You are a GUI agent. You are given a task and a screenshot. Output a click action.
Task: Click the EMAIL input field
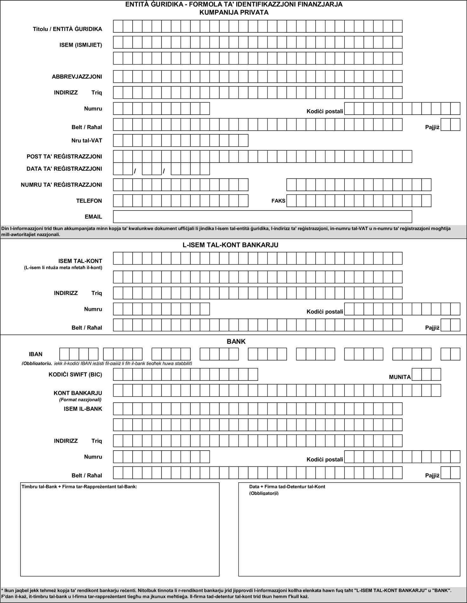click(262, 217)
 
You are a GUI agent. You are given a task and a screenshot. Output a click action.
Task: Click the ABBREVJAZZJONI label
click(77, 77)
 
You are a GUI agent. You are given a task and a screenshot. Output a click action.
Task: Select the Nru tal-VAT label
click(87, 140)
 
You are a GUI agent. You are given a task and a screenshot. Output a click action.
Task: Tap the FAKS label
click(278, 201)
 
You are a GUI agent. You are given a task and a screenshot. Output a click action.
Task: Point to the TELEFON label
click(89, 201)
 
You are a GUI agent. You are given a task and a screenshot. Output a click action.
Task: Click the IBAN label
click(36, 354)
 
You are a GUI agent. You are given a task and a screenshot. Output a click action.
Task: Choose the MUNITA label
click(400, 377)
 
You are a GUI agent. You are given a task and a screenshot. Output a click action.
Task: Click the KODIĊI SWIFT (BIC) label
click(75, 374)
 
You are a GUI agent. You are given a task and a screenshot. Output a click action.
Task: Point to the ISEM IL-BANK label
click(83, 409)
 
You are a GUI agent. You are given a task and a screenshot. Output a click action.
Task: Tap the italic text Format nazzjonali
click(80, 399)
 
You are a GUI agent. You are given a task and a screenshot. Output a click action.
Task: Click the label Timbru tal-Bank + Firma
click(79, 486)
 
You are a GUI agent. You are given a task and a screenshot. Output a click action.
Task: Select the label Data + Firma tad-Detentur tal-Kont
click(287, 486)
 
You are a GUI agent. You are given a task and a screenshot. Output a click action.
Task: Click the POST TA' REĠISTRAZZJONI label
click(64, 157)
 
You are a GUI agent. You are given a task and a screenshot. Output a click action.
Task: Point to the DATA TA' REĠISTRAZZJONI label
click(64, 169)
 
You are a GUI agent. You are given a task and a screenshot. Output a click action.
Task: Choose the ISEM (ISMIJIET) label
click(81, 45)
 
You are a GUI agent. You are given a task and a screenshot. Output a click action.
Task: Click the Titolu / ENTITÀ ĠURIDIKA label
click(67, 29)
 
